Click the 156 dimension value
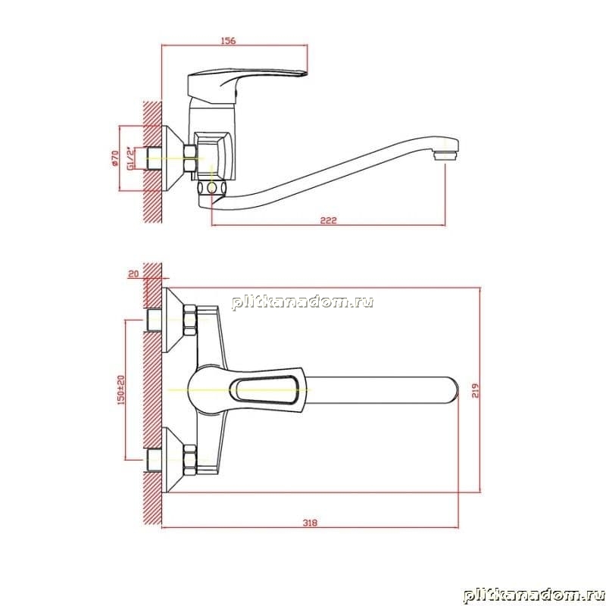[228, 41]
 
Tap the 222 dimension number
[329, 220]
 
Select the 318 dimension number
[310, 523]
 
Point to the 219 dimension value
[475, 390]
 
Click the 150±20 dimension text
[121, 389]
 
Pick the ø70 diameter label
[114, 158]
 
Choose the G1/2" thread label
[131, 158]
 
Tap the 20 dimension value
[133, 274]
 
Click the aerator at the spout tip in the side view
[445, 156]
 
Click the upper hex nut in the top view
[191, 320]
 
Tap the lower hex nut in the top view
[191, 460]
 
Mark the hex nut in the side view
[190, 158]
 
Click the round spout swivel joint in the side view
[211, 188]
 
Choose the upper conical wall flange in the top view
[175, 320]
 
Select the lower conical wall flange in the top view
[175, 460]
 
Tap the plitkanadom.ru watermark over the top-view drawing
[302, 301]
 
